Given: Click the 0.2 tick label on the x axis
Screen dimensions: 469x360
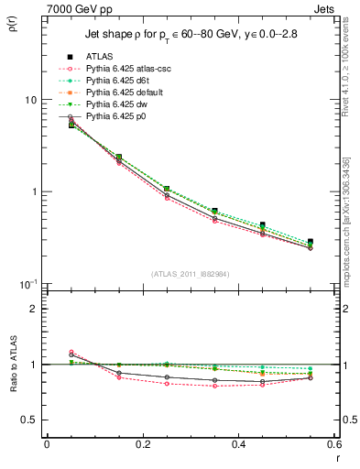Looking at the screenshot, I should (142, 443).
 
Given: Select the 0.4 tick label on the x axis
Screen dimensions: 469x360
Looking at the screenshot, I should (238, 443).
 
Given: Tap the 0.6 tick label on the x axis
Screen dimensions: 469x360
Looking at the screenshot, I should (333, 443).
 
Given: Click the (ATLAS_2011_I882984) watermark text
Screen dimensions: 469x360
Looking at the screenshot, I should (190, 274).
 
